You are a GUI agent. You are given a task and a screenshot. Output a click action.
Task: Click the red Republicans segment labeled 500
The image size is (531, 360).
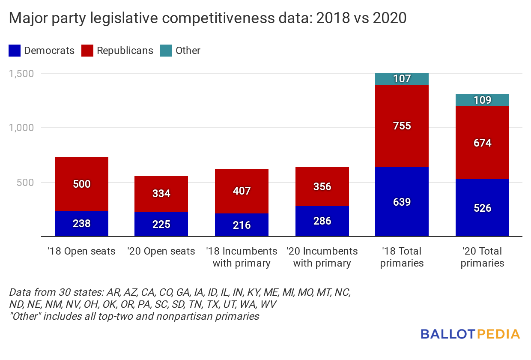click(81, 184)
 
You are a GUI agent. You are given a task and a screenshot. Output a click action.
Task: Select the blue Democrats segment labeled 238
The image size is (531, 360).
click(81, 223)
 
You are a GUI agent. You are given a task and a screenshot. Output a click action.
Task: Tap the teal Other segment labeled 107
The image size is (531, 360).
click(402, 79)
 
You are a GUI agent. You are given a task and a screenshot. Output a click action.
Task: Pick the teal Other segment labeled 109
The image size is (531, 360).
click(482, 100)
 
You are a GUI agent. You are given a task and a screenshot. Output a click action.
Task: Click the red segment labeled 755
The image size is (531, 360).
click(402, 126)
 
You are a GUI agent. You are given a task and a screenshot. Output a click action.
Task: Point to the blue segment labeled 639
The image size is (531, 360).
click(402, 201)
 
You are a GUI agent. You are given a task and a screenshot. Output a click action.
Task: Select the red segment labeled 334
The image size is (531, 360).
click(161, 193)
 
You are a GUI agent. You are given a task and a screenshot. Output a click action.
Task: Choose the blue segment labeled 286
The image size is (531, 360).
click(322, 221)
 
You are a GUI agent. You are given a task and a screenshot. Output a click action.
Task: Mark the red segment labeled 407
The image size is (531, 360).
click(242, 191)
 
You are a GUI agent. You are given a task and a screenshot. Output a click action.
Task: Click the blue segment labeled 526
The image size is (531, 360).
click(482, 208)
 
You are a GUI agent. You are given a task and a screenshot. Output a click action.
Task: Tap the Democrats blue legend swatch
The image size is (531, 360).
click(14, 51)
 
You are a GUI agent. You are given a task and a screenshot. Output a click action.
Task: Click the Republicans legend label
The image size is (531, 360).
click(125, 51)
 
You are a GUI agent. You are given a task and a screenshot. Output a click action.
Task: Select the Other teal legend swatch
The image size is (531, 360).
click(166, 51)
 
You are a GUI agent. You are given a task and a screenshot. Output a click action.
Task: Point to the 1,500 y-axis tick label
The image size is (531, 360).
click(21, 74)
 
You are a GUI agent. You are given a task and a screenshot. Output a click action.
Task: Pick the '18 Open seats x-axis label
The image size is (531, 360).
click(81, 251)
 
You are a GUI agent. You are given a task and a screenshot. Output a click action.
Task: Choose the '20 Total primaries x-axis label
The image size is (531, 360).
click(482, 257)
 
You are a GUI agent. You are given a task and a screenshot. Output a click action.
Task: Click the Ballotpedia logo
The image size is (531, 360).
click(470, 334)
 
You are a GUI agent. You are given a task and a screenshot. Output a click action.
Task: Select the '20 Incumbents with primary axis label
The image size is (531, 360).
click(322, 257)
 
